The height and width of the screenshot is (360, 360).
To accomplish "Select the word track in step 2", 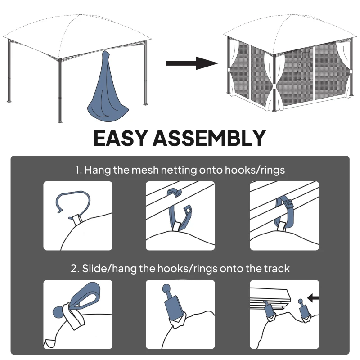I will pos(278,269).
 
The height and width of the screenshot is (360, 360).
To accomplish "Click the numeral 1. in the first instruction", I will pos(79,171).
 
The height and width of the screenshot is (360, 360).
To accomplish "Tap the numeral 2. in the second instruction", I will pos(75,269).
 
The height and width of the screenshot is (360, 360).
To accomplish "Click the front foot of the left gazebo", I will pos(60,121).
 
